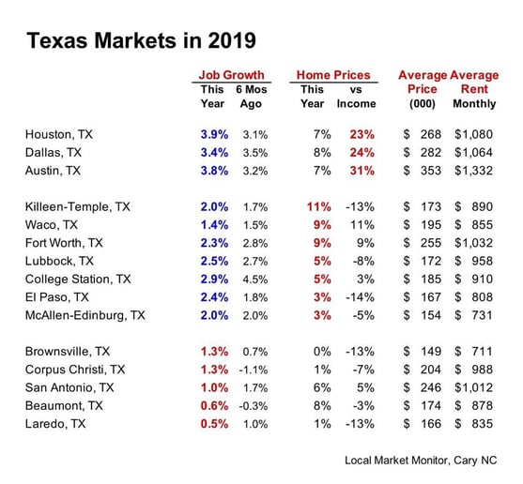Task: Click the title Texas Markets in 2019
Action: coord(141,40)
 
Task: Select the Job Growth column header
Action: coord(231,75)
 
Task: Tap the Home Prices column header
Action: coord(333,75)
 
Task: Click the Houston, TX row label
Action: coord(59,134)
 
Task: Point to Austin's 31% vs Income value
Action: coord(361,171)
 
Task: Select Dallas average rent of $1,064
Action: coord(473,153)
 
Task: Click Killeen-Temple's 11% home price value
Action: coord(319,207)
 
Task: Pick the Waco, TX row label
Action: coord(52,225)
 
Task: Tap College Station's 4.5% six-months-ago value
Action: coord(255,280)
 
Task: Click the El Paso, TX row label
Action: coord(57,297)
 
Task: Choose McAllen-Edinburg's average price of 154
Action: coord(431,315)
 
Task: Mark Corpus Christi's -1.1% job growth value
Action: coord(254,370)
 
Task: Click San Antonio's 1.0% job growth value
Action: coord(214,387)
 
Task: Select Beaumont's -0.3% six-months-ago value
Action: coord(254,406)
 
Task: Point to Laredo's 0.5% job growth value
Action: coord(214,424)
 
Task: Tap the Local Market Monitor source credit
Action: coord(421,461)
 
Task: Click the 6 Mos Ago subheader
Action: coord(251,97)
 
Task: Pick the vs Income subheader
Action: coord(356,97)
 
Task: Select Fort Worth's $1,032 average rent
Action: coord(473,243)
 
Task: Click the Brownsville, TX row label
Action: coord(68,352)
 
